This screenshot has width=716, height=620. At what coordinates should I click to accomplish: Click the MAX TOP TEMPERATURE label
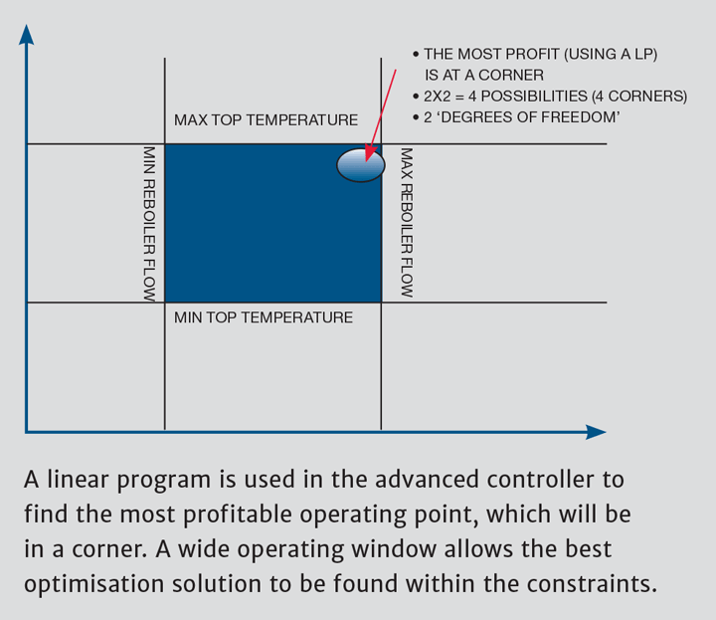point(266,120)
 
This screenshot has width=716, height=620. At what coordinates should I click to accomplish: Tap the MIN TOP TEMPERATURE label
point(264,317)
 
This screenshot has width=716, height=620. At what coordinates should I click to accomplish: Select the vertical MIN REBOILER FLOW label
point(149,224)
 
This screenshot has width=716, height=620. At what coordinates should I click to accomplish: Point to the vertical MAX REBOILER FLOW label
point(407,223)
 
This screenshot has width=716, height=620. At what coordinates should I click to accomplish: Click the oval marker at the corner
point(361,164)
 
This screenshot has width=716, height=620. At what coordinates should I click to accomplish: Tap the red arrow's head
point(369,154)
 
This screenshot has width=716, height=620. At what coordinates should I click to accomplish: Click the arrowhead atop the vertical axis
point(27,34)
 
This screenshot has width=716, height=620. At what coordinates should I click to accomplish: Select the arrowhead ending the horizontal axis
point(596,432)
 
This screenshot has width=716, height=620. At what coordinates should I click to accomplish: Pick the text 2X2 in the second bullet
point(437,97)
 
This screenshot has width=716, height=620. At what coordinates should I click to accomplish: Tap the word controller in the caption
point(541,480)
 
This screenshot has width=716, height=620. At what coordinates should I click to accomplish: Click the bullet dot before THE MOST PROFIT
point(416,55)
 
